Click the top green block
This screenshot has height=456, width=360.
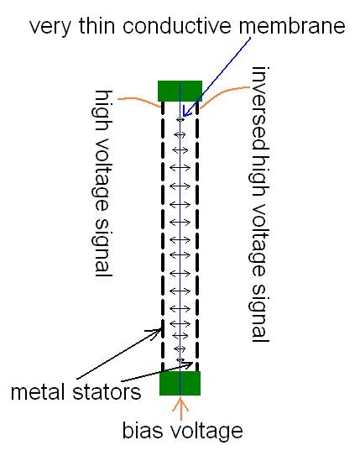(180, 91)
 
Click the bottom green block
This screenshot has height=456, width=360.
(180, 382)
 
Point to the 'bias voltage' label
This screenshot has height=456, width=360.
(182, 432)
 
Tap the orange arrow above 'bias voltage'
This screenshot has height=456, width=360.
(180, 408)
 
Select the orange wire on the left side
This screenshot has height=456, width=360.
(139, 102)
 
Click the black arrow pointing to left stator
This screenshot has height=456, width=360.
(126, 353)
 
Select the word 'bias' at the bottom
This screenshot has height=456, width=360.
(142, 432)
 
